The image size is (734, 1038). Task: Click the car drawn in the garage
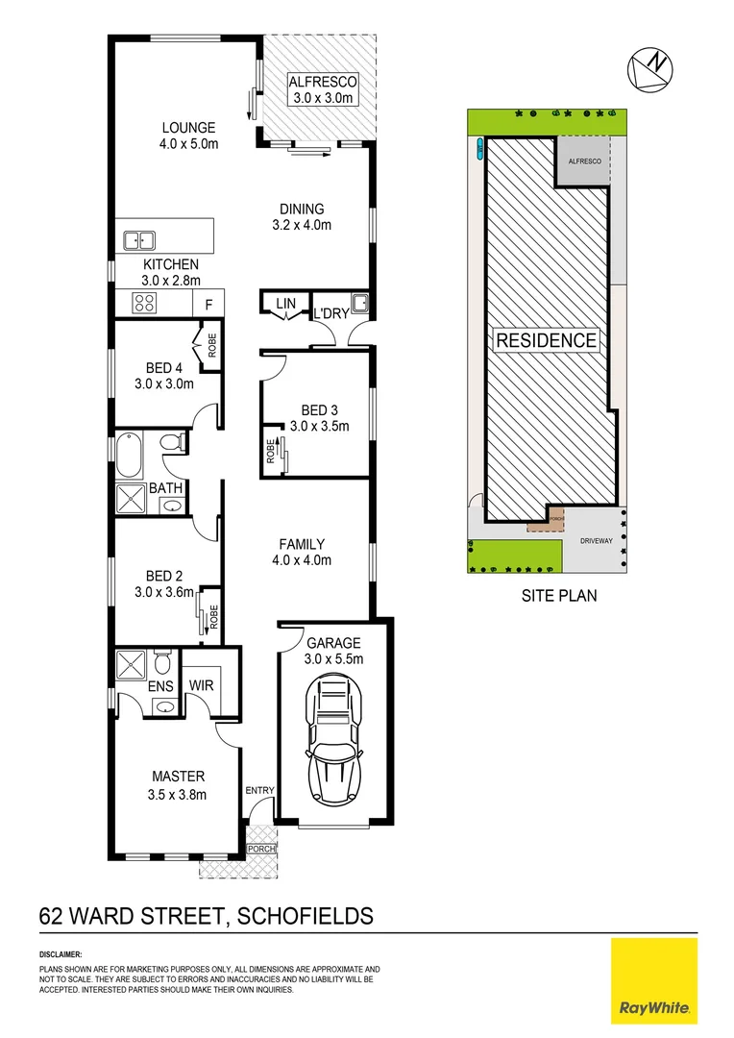click(334, 740)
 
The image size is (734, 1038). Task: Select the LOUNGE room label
click(188, 128)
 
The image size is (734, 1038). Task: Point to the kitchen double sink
click(140, 239)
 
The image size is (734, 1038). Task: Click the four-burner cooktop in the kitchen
click(144, 303)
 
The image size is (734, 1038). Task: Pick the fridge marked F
click(208, 304)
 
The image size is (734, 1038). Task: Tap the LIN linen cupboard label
click(285, 304)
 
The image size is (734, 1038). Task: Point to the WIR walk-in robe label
click(202, 685)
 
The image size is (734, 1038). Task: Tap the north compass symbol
click(649, 70)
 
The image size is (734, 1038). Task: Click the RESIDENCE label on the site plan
click(546, 339)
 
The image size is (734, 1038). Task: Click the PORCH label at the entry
click(260, 849)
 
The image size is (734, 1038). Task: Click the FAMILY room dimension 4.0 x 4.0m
click(302, 560)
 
